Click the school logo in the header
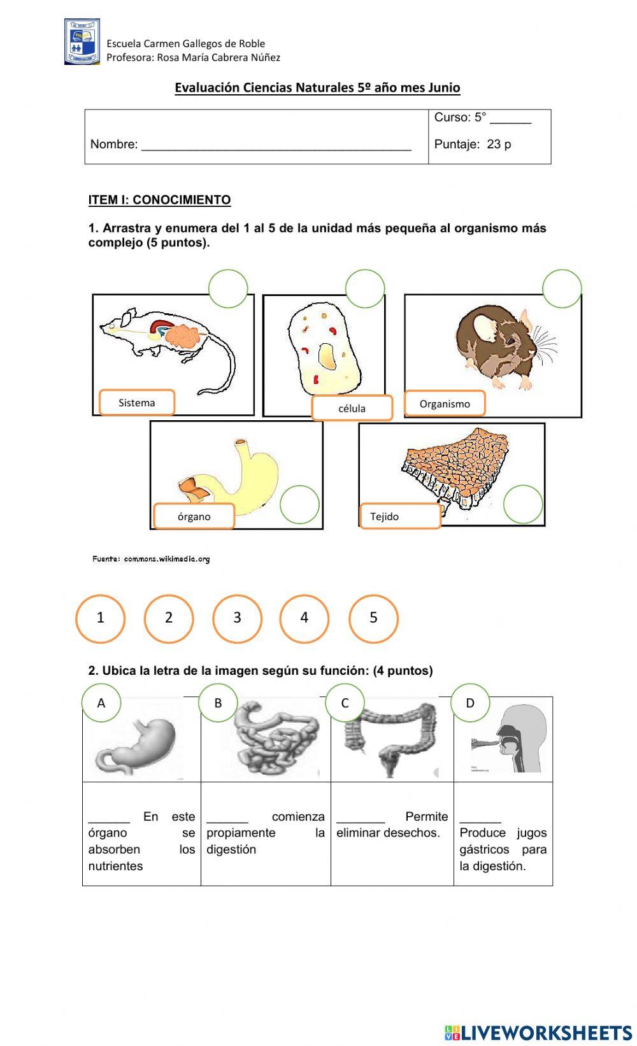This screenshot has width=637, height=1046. [x=82, y=42]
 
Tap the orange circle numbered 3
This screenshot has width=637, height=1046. [x=237, y=618]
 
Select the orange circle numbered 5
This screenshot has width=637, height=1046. [x=373, y=618]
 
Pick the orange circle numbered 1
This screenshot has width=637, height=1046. [x=100, y=618]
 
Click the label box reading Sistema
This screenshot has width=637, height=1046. [x=137, y=402]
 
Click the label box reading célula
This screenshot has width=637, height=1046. [x=352, y=408]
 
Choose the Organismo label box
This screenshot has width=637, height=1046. [x=445, y=404]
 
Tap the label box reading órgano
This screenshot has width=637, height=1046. [x=194, y=516]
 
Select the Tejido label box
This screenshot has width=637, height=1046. [x=400, y=516]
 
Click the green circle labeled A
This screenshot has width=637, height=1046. [x=101, y=703]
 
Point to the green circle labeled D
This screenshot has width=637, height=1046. [x=470, y=703]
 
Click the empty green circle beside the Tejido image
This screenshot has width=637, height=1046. [x=523, y=504]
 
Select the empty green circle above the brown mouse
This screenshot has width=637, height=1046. [x=562, y=288]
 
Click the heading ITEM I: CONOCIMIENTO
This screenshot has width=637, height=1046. [x=159, y=200]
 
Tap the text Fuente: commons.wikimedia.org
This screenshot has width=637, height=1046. [x=151, y=559]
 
